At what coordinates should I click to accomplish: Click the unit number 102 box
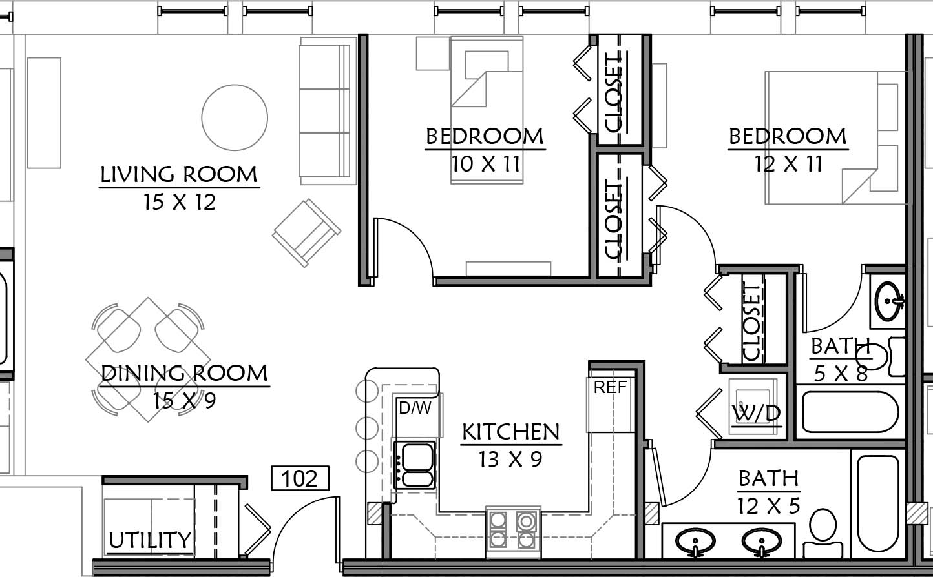click(x=300, y=478)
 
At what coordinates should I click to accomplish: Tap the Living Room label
click(x=179, y=175)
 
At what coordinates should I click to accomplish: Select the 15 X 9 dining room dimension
click(x=185, y=401)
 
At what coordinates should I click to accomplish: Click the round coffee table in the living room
click(x=235, y=117)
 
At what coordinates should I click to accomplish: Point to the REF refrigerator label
click(x=610, y=387)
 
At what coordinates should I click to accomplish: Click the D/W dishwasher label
click(x=415, y=408)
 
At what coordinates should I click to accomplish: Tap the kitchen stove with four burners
click(x=513, y=532)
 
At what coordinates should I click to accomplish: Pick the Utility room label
click(x=150, y=540)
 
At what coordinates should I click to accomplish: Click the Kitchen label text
click(x=511, y=432)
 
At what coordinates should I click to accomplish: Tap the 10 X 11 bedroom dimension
click(x=486, y=164)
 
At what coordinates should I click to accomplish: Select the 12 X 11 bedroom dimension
click(x=788, y=164)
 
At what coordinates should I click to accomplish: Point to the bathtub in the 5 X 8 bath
click(x=850, y=412)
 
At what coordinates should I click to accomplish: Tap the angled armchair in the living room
click(x=306, y=233)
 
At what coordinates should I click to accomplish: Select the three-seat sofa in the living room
click(x=328, y=111)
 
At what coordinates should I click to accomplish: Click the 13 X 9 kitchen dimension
click(x=510, y=460)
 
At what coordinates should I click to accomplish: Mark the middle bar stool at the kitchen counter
click(x=367, y=427)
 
